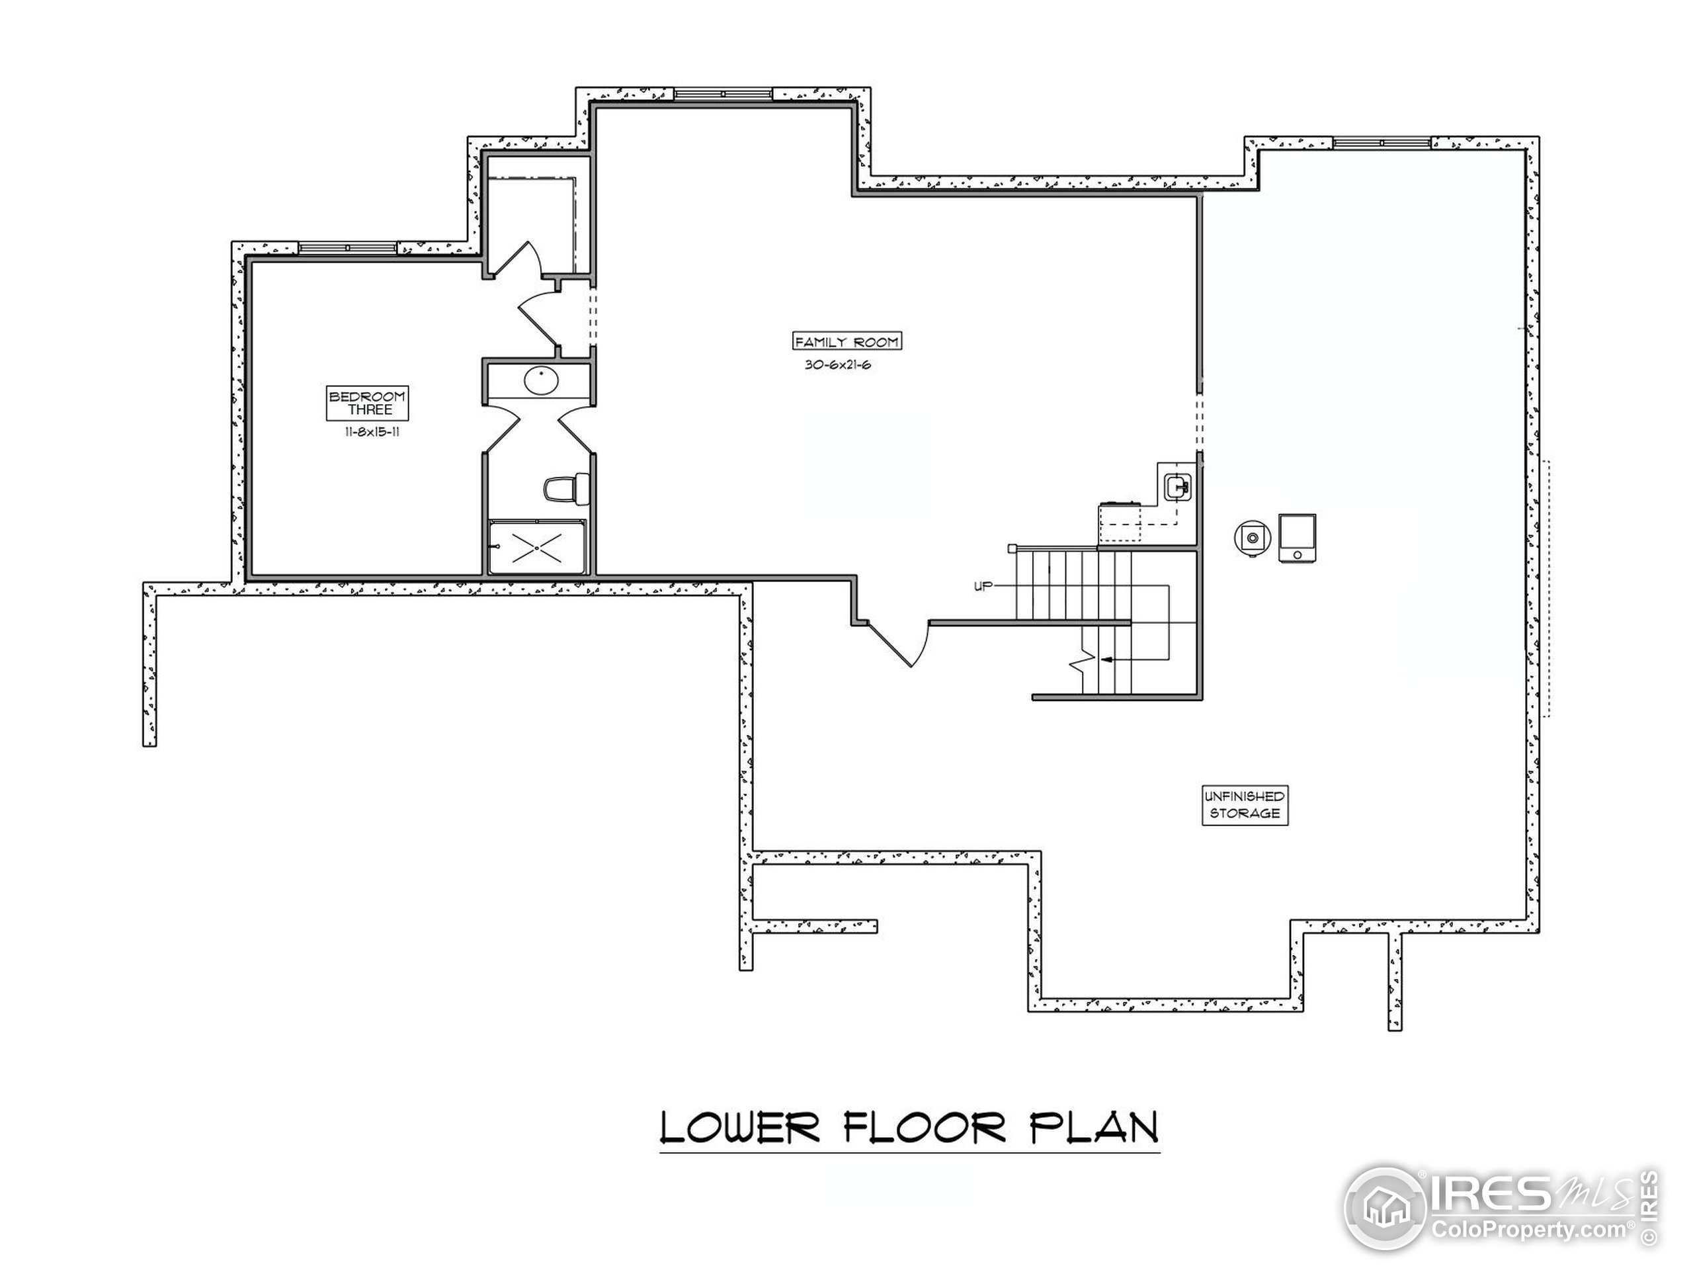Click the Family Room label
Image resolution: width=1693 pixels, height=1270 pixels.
click(x=846, y=341)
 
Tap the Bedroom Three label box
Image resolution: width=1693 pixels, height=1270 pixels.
click(x=368, y=403)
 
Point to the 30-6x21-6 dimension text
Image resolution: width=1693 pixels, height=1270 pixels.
click(x=838, y=365)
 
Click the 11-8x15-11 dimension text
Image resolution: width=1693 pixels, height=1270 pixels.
click(x=373, y=432)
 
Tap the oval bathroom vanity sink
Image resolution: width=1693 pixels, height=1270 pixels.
click(x=541, y=381)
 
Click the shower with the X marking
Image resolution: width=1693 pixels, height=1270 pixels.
click(x=537, y=547)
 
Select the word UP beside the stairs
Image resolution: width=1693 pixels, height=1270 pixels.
click(x=983, y=587)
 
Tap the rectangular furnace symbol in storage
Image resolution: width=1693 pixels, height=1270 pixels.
click(x=1298, y=538)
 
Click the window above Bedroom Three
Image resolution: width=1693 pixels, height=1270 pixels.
click(x=347, y=248)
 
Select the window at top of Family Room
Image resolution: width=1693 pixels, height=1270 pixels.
click(x=723, y=94)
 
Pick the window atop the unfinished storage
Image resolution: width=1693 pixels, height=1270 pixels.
click(x=1382, y=143)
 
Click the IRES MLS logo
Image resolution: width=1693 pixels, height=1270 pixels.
click(x=1500, y=1210)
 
